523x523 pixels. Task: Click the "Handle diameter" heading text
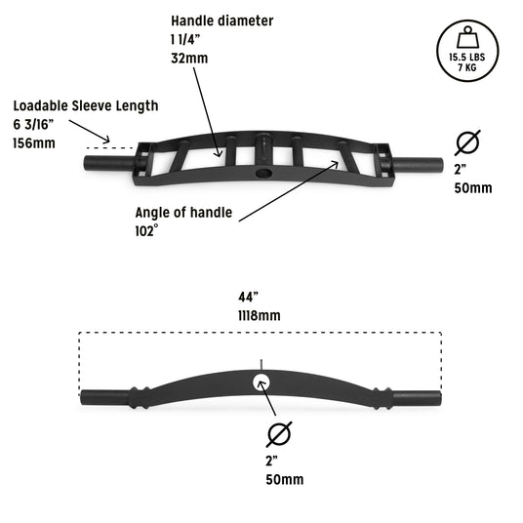click(222, 21)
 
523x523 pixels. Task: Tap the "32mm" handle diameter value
click(189, 59)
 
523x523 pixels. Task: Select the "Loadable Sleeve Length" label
click(86, 106)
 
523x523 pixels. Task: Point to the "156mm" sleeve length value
click(34, 143)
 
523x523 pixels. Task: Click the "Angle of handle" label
click(183, 213)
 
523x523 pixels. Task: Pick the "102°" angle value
click(146, 231)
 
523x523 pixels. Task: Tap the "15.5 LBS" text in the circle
click(467, 58)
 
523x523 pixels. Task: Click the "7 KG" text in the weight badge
click(467, 67)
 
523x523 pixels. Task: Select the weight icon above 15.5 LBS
click(467, 37)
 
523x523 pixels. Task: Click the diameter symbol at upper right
click(467, 142)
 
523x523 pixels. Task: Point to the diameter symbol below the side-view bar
click(279, 434)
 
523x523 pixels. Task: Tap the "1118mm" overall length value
click(260, 315)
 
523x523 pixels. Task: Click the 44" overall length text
click(249, 297)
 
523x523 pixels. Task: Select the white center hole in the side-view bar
click(261, 382)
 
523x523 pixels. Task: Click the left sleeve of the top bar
click(110, 164)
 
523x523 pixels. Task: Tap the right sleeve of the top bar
click(417, 165)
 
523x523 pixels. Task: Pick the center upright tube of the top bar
click(263, 149)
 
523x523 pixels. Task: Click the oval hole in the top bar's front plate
click(263, 173)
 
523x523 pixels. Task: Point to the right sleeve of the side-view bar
click(417, 397)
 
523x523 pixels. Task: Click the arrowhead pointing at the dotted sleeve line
click(106, 140)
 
